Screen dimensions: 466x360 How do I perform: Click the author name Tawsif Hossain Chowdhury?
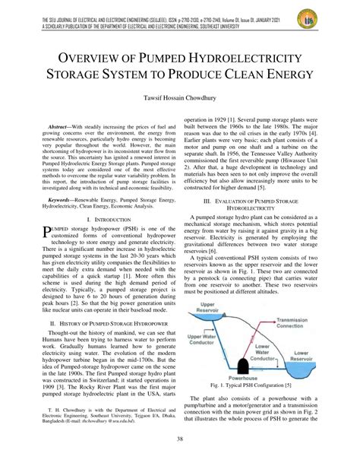click(x=180, y=98)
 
